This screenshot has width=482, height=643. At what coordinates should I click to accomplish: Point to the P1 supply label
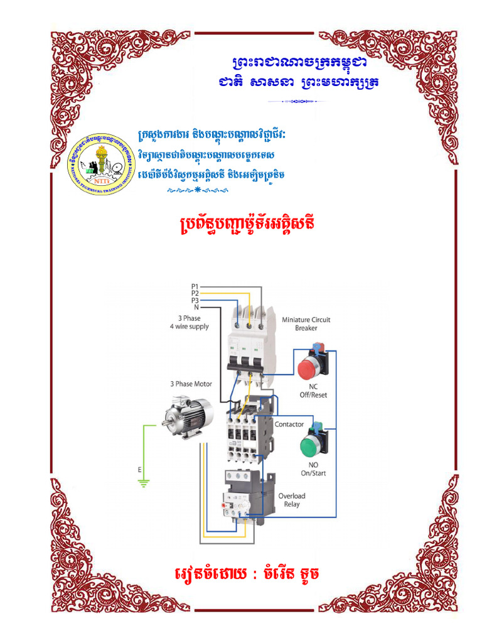pos(195,286)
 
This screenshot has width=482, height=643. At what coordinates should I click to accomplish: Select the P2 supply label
pos(195,293)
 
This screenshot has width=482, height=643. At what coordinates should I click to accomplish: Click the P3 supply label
pos(195,300)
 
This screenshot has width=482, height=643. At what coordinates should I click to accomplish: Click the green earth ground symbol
pos(143,482)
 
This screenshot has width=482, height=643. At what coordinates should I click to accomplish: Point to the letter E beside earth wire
pos(139,469)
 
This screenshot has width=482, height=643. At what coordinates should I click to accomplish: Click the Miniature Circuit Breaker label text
pos(306,323)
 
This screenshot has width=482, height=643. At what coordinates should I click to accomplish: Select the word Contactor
pos(289,424)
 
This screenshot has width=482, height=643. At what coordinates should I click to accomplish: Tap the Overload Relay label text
pos(291,500)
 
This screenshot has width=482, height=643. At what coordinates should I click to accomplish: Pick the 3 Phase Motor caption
pos(191,384)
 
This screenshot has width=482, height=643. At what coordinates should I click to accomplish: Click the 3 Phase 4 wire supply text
pos(189,323)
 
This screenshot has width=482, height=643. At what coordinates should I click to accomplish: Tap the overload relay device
pos(245,496)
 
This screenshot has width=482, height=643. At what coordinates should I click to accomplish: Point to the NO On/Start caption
pos(313,469)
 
